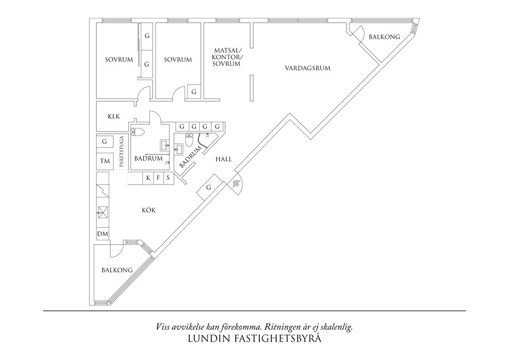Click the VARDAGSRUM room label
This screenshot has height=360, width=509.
pyautogui.click(x=308, y=68)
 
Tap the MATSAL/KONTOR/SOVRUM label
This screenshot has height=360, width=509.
pyautogui.click(x=227, y=57)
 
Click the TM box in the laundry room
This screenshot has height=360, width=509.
pyautogui.click(x=104, y=161)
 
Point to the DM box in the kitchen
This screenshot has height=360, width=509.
pyautogui.click(x=102, y=234)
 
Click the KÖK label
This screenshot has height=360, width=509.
pyautogui.click(x=149, y=210)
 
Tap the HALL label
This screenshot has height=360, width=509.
pyautogui.click(x=224, y=159)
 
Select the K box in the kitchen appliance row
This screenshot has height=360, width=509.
pyautogui.click(x=147, y=178)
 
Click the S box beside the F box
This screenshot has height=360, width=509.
pyautogui.click(x=168, y=178)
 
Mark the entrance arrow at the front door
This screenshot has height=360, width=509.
pyautogui.click(x=236, y=184)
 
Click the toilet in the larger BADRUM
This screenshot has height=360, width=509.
pyautogui.click(x=137, y=132)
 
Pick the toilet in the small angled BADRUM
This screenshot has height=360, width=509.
pyautogui.click(x=189, y=140)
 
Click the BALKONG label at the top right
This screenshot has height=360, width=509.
pyautogui.click(x=384, y=37)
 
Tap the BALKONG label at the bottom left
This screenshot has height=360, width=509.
pyautogui.click(x=117, y=270)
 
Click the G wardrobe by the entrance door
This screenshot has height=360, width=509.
pyautogui.click(x=208, y=187)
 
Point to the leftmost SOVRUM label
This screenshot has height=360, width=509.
pyautogui.click(x=119, y=60)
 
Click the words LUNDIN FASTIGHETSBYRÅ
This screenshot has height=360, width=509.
pyautogui.click(x=255, y=341)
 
